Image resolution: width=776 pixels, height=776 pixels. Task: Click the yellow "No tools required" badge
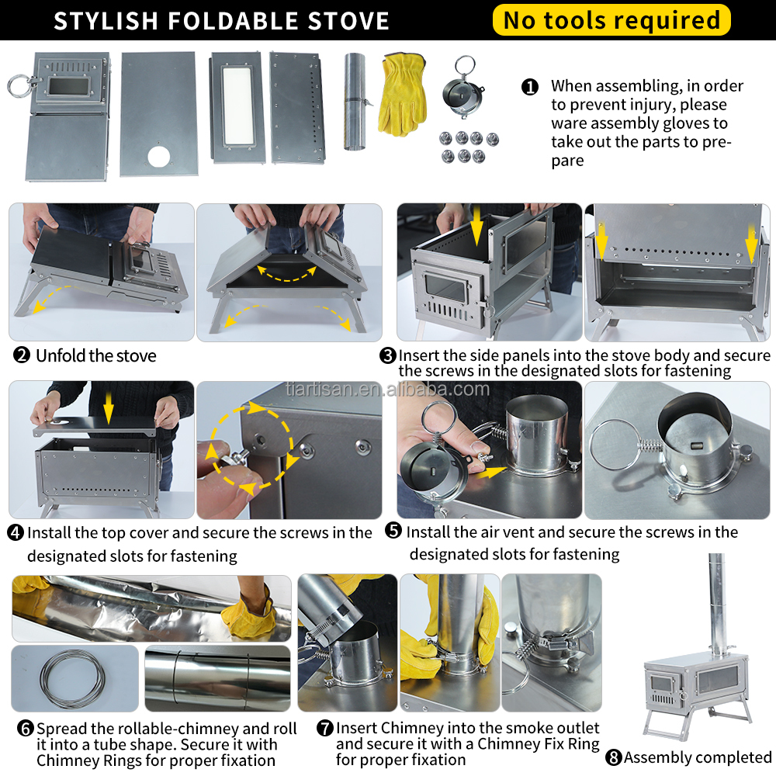click(x=611, y=20)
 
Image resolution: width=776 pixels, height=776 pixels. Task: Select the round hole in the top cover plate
click(x=159, y=155)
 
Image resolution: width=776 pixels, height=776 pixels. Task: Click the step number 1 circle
click(x=530, y=86)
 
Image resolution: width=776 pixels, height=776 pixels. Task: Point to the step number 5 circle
click(x=393, y=532)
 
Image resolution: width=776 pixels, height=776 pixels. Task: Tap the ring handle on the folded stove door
click(x=17, y=85)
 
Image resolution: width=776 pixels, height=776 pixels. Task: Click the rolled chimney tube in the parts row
click(x=355, y=101)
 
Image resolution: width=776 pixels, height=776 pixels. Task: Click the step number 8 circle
click(x=614, y=757)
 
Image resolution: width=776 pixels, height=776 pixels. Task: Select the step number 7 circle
click(x=325, y=729)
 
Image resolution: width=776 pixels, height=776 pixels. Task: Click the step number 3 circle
click(x=388, y=356)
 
